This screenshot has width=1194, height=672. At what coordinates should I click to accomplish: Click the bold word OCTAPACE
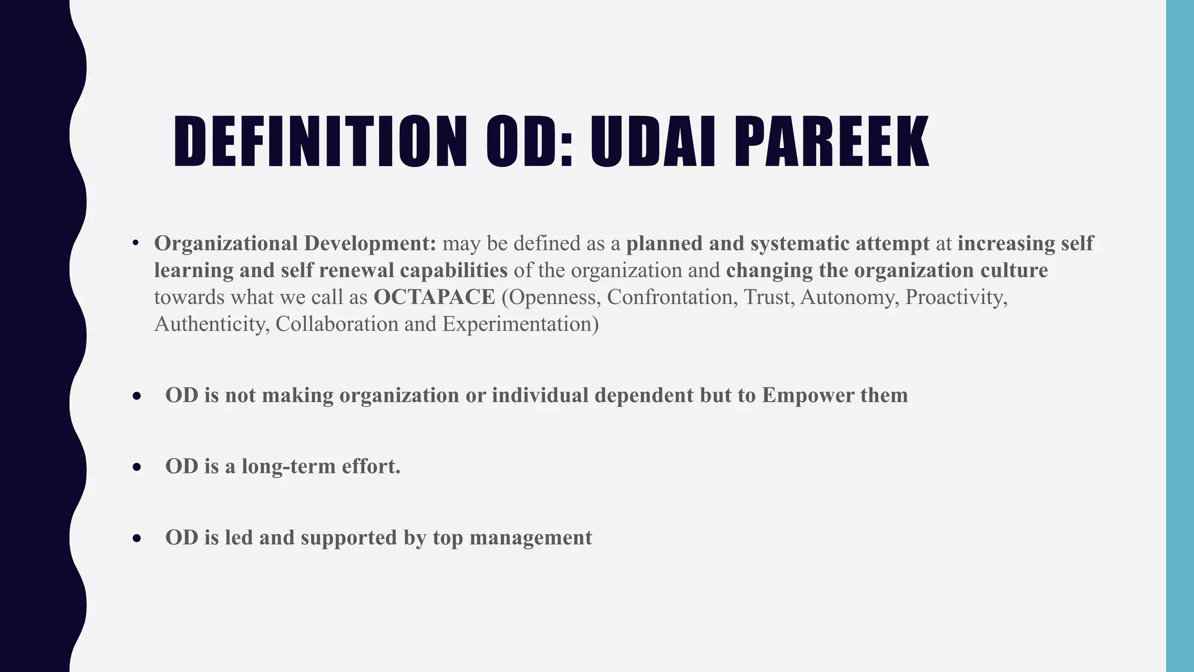434,297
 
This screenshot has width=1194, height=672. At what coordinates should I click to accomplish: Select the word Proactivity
956,297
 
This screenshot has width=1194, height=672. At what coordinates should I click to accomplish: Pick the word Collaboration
337,324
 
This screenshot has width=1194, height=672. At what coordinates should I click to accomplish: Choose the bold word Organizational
226,244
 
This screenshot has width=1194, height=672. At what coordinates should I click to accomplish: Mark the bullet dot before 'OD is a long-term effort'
136,467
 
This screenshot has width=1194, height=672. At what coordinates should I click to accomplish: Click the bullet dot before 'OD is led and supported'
136,538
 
